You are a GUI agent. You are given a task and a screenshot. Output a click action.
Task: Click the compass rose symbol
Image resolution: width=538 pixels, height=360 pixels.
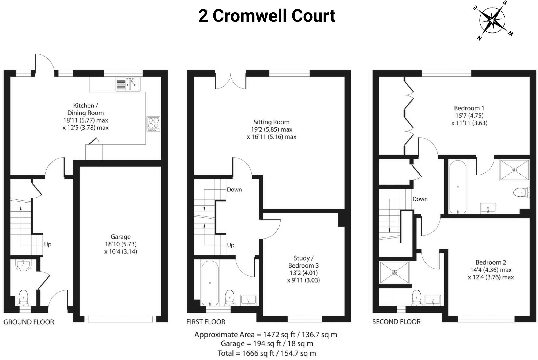click(492, 20)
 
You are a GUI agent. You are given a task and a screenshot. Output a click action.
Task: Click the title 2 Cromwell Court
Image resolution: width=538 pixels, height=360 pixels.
click(266, 16)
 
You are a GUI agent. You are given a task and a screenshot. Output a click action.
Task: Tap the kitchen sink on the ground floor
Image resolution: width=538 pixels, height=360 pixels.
click(128, 84)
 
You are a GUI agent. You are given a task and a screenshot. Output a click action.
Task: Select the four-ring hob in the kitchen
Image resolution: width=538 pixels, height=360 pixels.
click(153, 124)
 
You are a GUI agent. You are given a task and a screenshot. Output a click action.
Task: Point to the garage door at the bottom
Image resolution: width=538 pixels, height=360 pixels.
click(120, 319)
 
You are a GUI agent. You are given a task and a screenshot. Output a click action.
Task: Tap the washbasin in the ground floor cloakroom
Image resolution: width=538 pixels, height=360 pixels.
click(24, 265)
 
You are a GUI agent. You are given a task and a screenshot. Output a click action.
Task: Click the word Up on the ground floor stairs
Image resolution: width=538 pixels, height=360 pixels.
click(48, 244)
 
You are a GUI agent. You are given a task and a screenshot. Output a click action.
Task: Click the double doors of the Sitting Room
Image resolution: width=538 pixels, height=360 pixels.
click(231, 82)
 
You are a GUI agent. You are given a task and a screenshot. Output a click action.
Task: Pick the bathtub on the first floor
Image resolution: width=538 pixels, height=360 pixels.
click(210, 283)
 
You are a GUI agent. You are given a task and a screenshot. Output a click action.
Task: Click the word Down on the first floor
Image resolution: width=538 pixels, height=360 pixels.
click(234, 190)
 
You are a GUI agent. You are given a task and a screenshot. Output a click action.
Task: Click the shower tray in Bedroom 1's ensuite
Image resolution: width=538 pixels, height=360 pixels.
click(514, 170)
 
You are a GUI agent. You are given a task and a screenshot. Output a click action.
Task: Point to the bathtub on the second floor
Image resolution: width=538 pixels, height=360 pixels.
click(458, 187)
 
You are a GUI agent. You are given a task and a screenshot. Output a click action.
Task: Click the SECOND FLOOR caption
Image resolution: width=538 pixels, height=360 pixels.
click(396, 322)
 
